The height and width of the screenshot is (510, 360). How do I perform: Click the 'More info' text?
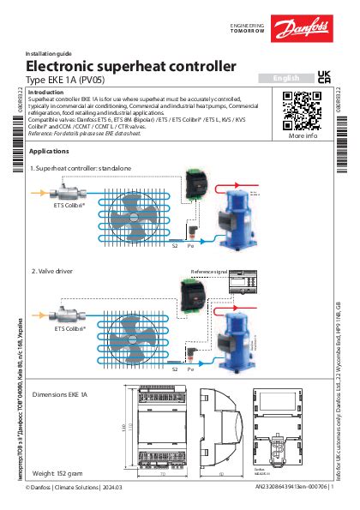[303, 135]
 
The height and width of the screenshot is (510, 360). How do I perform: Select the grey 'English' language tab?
[285, 78]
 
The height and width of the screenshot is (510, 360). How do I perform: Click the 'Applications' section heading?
[49, 151]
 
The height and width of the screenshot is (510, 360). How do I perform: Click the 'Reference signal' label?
[210, 272]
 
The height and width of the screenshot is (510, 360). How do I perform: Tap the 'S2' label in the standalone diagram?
[175, 246]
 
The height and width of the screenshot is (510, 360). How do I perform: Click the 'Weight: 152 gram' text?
[59, 472]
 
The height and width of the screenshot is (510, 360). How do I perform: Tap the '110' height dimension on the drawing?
[123, 427]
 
